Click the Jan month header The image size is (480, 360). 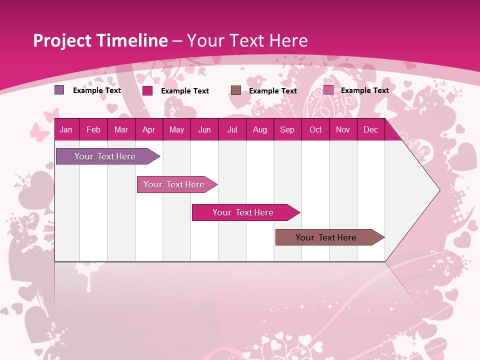66,130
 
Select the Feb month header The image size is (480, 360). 93,130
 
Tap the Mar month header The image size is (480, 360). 121,130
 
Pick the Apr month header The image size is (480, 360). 149,130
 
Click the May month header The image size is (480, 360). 176,130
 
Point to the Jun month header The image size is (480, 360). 204,130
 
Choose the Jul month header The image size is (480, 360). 232,130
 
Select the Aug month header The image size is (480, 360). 260,130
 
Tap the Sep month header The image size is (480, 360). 287,130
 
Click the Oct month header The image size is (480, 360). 315,130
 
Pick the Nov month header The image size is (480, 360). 343,130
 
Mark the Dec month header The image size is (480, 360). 371,130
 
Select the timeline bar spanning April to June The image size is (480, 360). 175,184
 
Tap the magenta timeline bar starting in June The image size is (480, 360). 243,212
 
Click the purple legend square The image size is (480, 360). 59,90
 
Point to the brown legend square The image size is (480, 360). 236,90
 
